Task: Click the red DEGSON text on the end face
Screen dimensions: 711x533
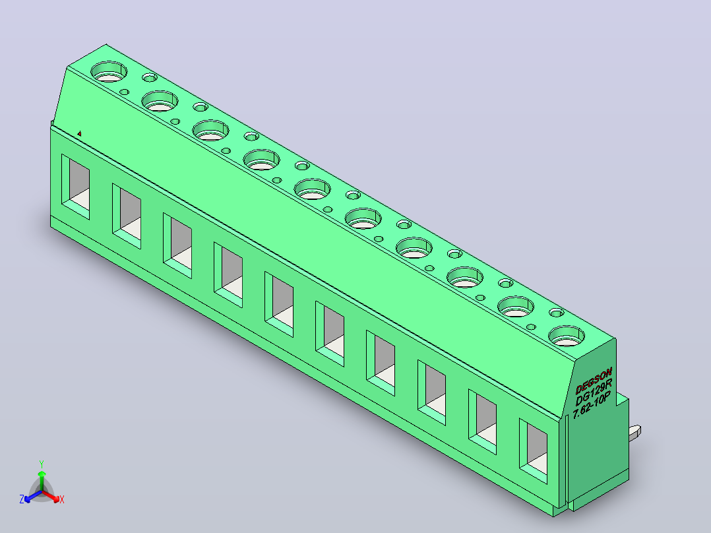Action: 594,381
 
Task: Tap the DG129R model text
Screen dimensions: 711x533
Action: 594,392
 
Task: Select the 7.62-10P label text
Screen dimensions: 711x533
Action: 592,405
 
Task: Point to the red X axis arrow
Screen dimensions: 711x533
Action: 51,496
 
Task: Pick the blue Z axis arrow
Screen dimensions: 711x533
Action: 33,496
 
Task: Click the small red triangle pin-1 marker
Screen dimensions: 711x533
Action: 79,133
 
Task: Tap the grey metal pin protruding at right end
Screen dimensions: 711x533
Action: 634,431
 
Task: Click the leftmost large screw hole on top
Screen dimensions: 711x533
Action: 109,72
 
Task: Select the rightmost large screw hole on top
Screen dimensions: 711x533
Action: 567,336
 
